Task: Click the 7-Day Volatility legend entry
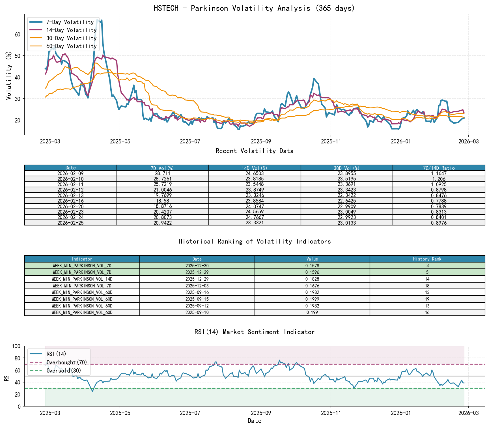pyautogui.click(x=70, y=22)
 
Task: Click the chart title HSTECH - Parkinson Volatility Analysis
pyautogui.click(x=254, y=8)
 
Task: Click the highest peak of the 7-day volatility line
pyautogui.click(x=97, y=20)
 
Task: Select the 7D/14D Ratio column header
pyautogui.click(x=439, y=168)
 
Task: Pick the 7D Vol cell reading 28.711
pyautogui.click(x=163, y=173)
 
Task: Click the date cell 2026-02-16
pyautogui.click(x=70, y=201)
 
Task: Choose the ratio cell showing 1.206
pyautogui.click(x=439, y=179)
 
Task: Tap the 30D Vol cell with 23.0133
pyautogui.click(x=347, y=223)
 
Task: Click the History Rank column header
pyautogui.click(x=427, y=259)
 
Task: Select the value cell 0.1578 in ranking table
pyautogui.click(x=312, y=266)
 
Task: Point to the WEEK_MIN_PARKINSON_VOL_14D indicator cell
pyautogui.click(x=82, y=279)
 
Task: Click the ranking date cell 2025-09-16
pyautogui.click(x=197, y=292)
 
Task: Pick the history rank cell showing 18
pyautogui.click(x=427, y=286)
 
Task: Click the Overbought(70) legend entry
pyautogui.click(x=67, y=362)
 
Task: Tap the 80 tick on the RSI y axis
pyautogui.click(x=18, y=358)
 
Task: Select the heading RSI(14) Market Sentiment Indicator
pyautogui.click(x=254, y=332)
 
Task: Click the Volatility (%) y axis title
pyautogui.click(x=9, y=76)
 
